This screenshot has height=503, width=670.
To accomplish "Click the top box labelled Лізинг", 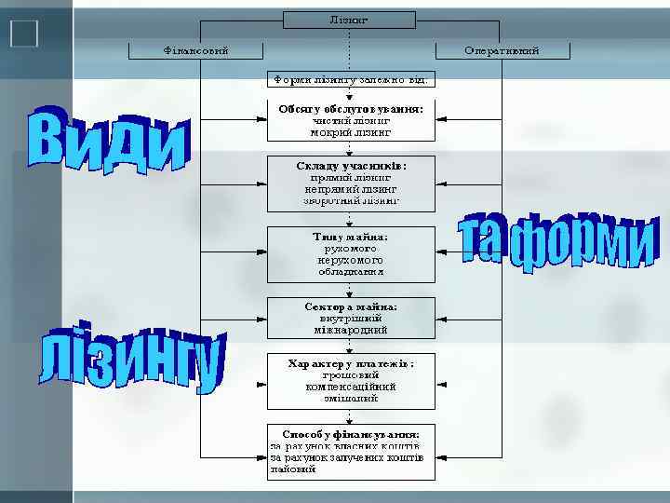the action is (349, 20).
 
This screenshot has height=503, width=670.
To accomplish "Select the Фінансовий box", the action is (195, 49).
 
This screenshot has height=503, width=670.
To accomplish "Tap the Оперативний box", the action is (502, 49).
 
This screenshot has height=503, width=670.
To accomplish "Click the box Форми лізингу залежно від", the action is (349, 79).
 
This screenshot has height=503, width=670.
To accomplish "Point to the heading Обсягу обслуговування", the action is (351, 108).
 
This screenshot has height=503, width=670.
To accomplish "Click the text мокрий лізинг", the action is (351, 132).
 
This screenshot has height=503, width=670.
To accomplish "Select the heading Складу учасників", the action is (351, 165).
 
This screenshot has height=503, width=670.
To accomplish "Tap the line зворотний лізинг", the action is (351, 200).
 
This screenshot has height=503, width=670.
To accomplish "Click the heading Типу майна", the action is (351, 236).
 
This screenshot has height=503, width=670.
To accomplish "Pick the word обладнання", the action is (351, 272).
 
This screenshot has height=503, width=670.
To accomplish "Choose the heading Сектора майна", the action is (351, 306).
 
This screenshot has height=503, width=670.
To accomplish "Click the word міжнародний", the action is (351, 329).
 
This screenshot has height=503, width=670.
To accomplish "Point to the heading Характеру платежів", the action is (351, 362).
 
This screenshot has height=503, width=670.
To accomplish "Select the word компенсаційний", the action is (351, 387).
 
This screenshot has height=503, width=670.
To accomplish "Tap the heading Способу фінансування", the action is (351, 433).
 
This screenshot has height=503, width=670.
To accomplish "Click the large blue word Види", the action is (107, 140).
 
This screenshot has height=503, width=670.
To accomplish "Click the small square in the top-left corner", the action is (25, 34).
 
